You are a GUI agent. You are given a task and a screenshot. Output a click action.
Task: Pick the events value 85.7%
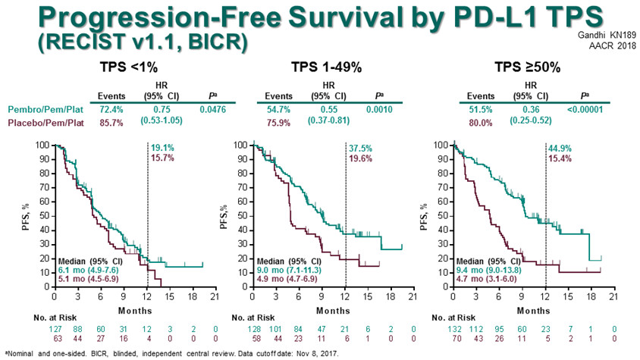[107, 122]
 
